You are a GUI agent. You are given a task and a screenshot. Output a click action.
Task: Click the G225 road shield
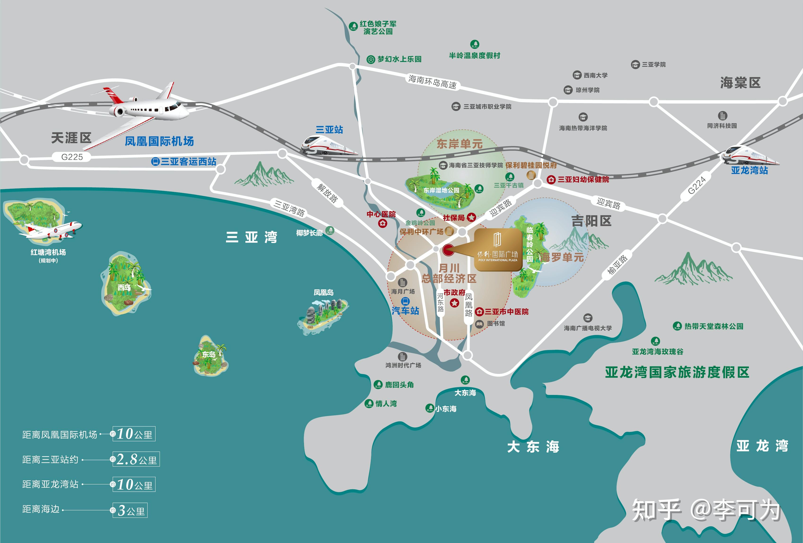72,157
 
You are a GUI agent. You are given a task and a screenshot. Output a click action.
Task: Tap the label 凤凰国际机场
159,141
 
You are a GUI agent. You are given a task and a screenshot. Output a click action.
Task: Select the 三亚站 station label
329,130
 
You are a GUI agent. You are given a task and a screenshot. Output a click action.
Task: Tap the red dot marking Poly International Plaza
448,250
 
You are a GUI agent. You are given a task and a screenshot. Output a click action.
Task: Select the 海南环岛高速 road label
432,82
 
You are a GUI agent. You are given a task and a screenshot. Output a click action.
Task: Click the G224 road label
697,185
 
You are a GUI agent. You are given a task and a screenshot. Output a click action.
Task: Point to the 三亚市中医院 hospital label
506,311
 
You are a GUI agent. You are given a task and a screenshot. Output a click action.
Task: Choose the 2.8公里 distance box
136,459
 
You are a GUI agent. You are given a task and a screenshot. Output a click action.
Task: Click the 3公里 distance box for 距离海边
130,510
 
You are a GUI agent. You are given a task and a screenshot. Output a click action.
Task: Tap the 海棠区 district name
740,83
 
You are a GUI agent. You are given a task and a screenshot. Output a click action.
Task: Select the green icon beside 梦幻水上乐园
371,59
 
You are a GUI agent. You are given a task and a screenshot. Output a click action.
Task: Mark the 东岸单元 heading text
459,144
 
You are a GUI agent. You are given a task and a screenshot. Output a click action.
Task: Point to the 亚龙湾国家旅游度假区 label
677,372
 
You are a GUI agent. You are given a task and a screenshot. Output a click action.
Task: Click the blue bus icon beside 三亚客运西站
156,162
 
